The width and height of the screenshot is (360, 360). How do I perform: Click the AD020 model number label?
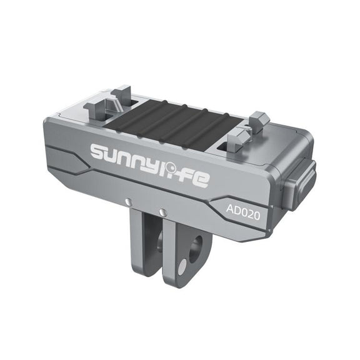click(243, 212)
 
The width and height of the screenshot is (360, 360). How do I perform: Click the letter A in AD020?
click(230, 209)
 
